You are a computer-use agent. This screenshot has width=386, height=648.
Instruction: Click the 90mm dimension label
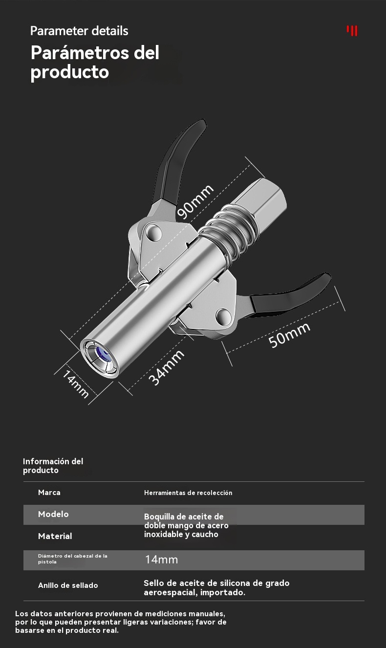(195, 202)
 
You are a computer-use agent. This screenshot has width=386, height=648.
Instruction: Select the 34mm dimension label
(166, 367)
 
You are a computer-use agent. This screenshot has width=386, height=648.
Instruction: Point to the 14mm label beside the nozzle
(76, 384)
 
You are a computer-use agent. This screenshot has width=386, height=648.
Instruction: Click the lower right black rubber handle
(291, 295)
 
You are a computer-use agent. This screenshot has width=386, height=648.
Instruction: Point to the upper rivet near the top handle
(154, 232)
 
